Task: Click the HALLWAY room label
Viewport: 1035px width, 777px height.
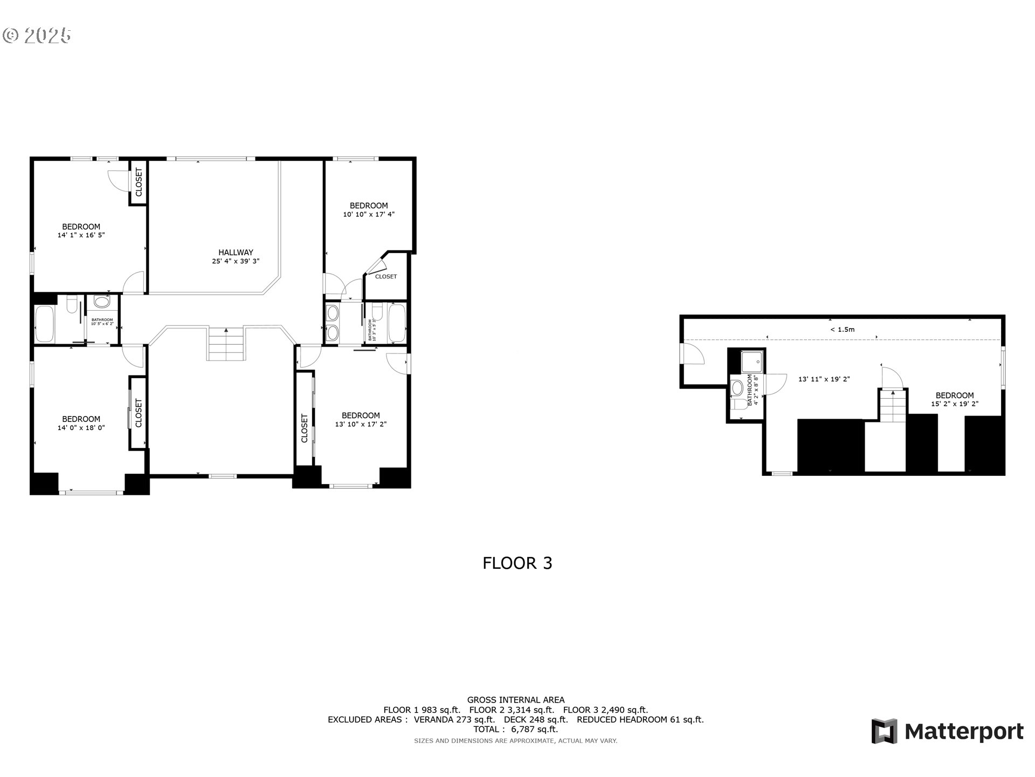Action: click(236, 252)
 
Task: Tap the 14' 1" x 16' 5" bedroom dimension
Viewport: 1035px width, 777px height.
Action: click(81, 235)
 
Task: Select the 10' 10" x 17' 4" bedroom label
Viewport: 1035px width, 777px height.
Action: click(369, 210)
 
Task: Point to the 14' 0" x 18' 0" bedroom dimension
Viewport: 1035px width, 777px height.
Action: click(81, 428)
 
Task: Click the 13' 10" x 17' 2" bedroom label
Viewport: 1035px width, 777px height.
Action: click(361, 420)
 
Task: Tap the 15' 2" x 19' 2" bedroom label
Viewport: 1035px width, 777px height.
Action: click(954, 399)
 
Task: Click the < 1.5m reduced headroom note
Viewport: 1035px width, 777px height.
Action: click(842, 329)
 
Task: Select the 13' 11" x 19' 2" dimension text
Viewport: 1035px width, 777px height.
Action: click(824, 379)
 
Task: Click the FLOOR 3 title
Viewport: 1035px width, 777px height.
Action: click(517, 563)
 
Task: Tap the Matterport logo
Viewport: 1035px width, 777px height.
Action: click(947, 732)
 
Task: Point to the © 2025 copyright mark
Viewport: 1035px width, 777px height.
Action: click(37, 36)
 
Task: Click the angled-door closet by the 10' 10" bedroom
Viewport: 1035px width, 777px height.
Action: click(386, 276)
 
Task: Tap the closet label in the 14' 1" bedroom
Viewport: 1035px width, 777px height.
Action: click(139, 182)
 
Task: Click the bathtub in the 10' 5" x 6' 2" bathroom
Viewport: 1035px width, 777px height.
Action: click(44, 324)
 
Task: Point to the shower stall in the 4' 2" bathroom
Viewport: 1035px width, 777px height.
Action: click(752, 361)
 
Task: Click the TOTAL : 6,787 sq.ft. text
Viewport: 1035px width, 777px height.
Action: click(515, 729)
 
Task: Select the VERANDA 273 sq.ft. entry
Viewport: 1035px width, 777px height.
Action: click(454, 719)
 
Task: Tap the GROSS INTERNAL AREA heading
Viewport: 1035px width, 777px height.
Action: click(515, 700)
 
